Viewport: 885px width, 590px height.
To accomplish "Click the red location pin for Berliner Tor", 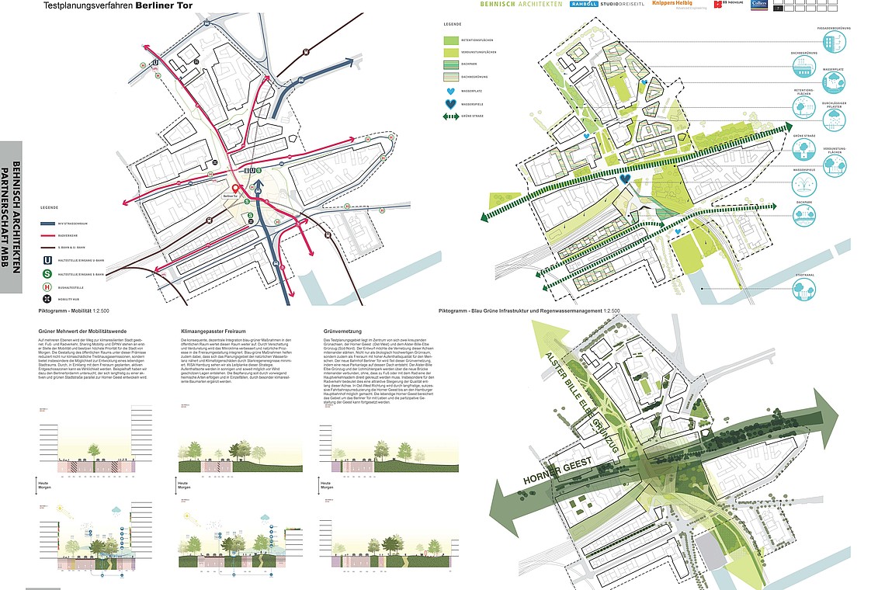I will point(236,187).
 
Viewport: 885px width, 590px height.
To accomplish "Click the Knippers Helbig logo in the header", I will point(675,5).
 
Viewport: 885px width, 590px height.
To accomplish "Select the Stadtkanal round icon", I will point(804,288).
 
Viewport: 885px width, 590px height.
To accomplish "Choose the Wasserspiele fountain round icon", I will point(803,184).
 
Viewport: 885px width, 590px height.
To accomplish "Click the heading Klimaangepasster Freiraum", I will point(210,331).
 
